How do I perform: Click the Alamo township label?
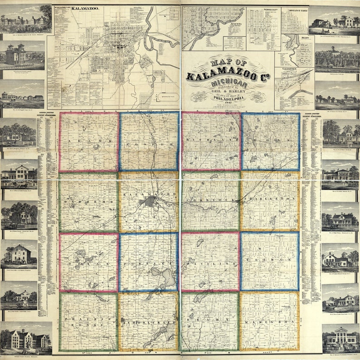(x=89, y=142)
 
